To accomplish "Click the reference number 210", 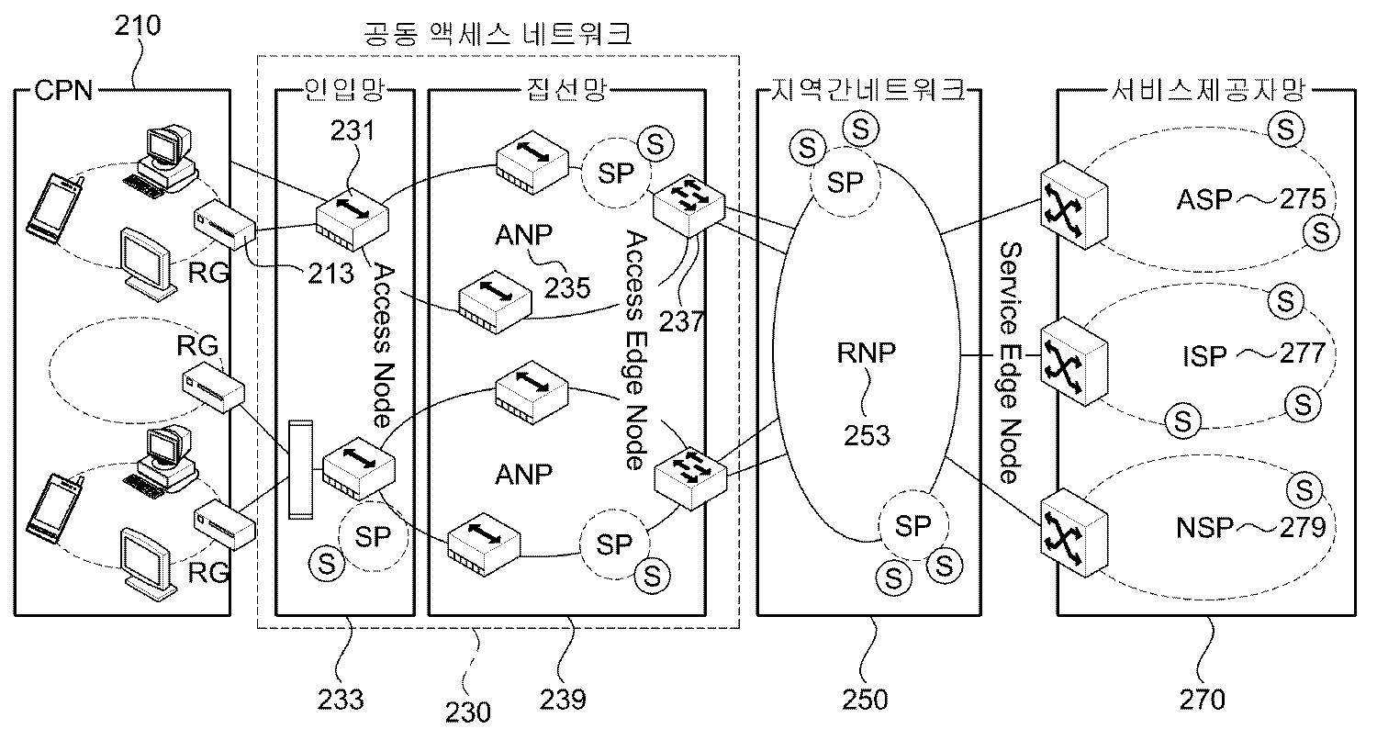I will point(138,25).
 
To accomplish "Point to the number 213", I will point(330,273).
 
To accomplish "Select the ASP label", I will point(1203,199).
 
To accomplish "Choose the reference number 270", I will point(1200,700).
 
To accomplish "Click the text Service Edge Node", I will point(1009,364).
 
